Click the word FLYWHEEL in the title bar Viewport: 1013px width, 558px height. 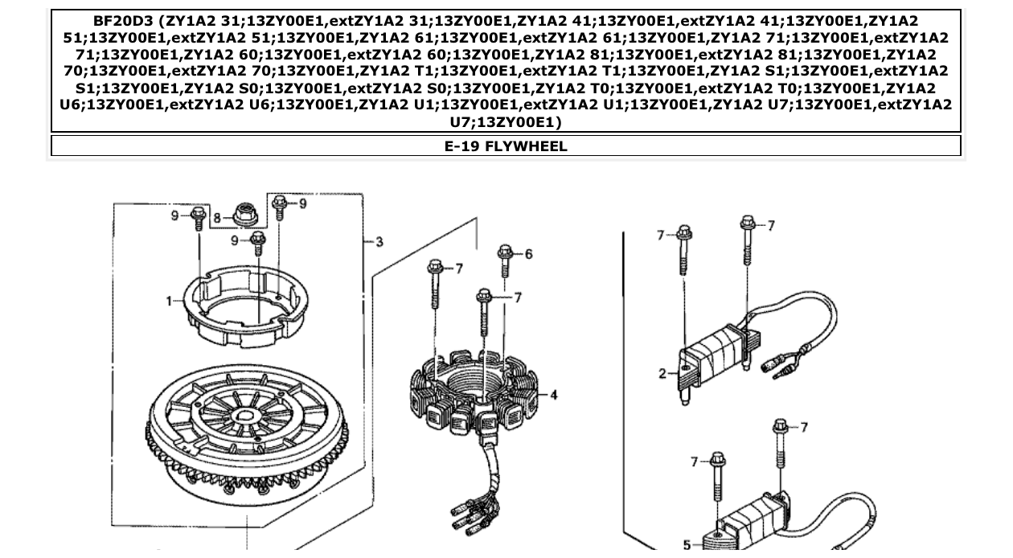(526, 146)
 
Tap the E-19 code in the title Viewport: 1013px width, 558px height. (462, 146)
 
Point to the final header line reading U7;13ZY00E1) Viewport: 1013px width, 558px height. (506, 122)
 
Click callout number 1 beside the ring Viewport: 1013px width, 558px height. (170, 301)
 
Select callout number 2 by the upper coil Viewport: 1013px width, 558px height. (662, 373)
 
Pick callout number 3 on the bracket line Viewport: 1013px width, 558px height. (379, 241)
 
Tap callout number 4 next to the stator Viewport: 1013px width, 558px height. (553, 395)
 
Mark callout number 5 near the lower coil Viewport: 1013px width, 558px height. (686, 545)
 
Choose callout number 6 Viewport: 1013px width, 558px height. (528, 254)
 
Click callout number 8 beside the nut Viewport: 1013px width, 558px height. (217, 218)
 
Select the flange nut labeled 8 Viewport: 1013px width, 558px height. (242, 215)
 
